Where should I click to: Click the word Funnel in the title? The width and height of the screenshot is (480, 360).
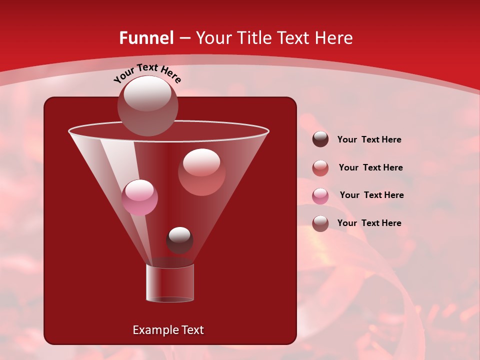point(146,38)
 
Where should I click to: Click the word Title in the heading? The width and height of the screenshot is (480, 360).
point(254,38)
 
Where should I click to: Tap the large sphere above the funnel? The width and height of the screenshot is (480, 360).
point(147,105)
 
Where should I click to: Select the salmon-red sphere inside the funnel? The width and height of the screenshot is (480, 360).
point(201,172)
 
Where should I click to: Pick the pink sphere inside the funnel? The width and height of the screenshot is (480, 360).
point(139,197)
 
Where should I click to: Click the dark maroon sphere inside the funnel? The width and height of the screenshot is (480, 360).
point(179,240)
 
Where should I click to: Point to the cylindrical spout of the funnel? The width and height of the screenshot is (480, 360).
point(170,283)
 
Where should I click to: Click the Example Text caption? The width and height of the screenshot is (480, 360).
point(168,330)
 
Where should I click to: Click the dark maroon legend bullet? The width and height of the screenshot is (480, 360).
point(320,139)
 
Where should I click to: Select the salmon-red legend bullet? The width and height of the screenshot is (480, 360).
point(320,168)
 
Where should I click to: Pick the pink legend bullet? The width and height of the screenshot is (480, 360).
point(320,195)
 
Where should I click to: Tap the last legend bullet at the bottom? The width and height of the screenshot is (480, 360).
point(320,223)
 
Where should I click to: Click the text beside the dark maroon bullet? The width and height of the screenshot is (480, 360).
point(369,139)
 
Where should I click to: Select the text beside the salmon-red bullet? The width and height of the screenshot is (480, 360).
point(370,167)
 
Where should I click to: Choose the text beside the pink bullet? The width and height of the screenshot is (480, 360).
point(371,195)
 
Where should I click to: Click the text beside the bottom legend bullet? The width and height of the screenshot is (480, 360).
point(369,223)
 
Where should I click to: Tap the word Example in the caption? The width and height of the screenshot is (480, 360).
point(152,330)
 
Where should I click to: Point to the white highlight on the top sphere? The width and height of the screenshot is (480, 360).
point(147,93)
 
